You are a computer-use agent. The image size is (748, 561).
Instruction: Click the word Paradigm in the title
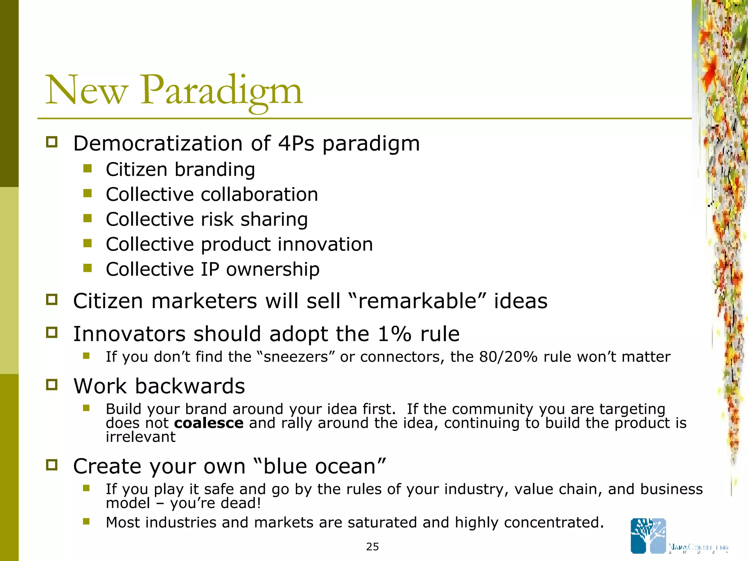(x=221, y=91)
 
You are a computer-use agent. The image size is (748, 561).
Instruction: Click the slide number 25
(x=373, y=547)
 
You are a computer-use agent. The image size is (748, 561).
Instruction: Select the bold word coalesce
(x=209, y=423)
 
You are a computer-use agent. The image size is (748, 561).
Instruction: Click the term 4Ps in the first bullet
(x=296, y=143)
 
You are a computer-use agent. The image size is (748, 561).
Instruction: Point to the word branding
(x=215, y=169)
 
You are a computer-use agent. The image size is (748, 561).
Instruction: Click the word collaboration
(x=259, y=194)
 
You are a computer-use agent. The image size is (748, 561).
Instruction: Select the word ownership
(x=272, y=269)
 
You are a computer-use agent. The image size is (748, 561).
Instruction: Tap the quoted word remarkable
(x=417, y=301)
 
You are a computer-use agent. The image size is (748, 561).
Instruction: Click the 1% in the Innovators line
(x=394, y=334)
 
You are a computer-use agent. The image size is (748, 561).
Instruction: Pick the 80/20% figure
(x=508, y=357)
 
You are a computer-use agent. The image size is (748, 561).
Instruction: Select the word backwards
(x=190, y=386)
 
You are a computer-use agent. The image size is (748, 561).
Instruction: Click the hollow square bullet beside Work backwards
(x=52, y=385)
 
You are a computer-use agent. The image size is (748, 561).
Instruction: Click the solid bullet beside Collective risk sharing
(x=87, y=218)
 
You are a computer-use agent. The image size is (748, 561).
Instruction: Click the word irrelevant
(x=141, y=437)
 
